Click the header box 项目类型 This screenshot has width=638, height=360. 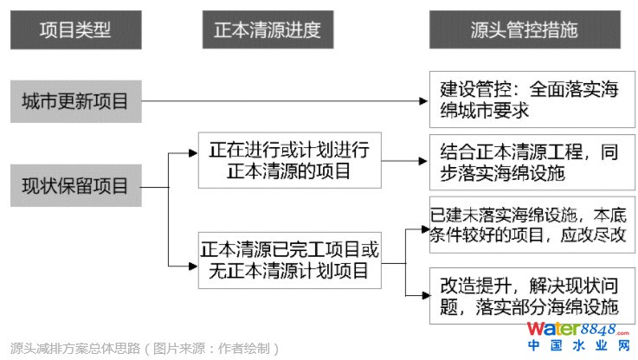coord(74,30)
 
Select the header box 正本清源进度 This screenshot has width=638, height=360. coord(267,30)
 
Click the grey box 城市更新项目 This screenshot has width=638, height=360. coord(74,101)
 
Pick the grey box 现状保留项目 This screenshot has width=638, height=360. coord(74,185)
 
